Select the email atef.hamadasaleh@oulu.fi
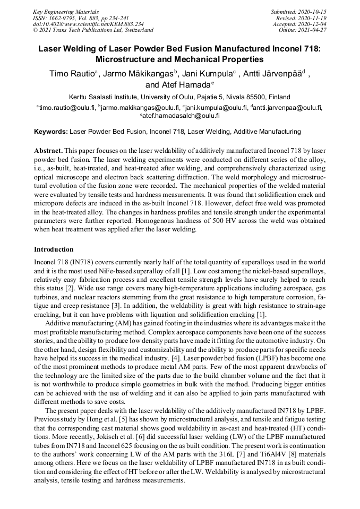pos(181,115)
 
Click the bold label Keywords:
pos(51,131)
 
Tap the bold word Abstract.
pos(48,151)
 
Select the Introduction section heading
pos(54,249)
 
